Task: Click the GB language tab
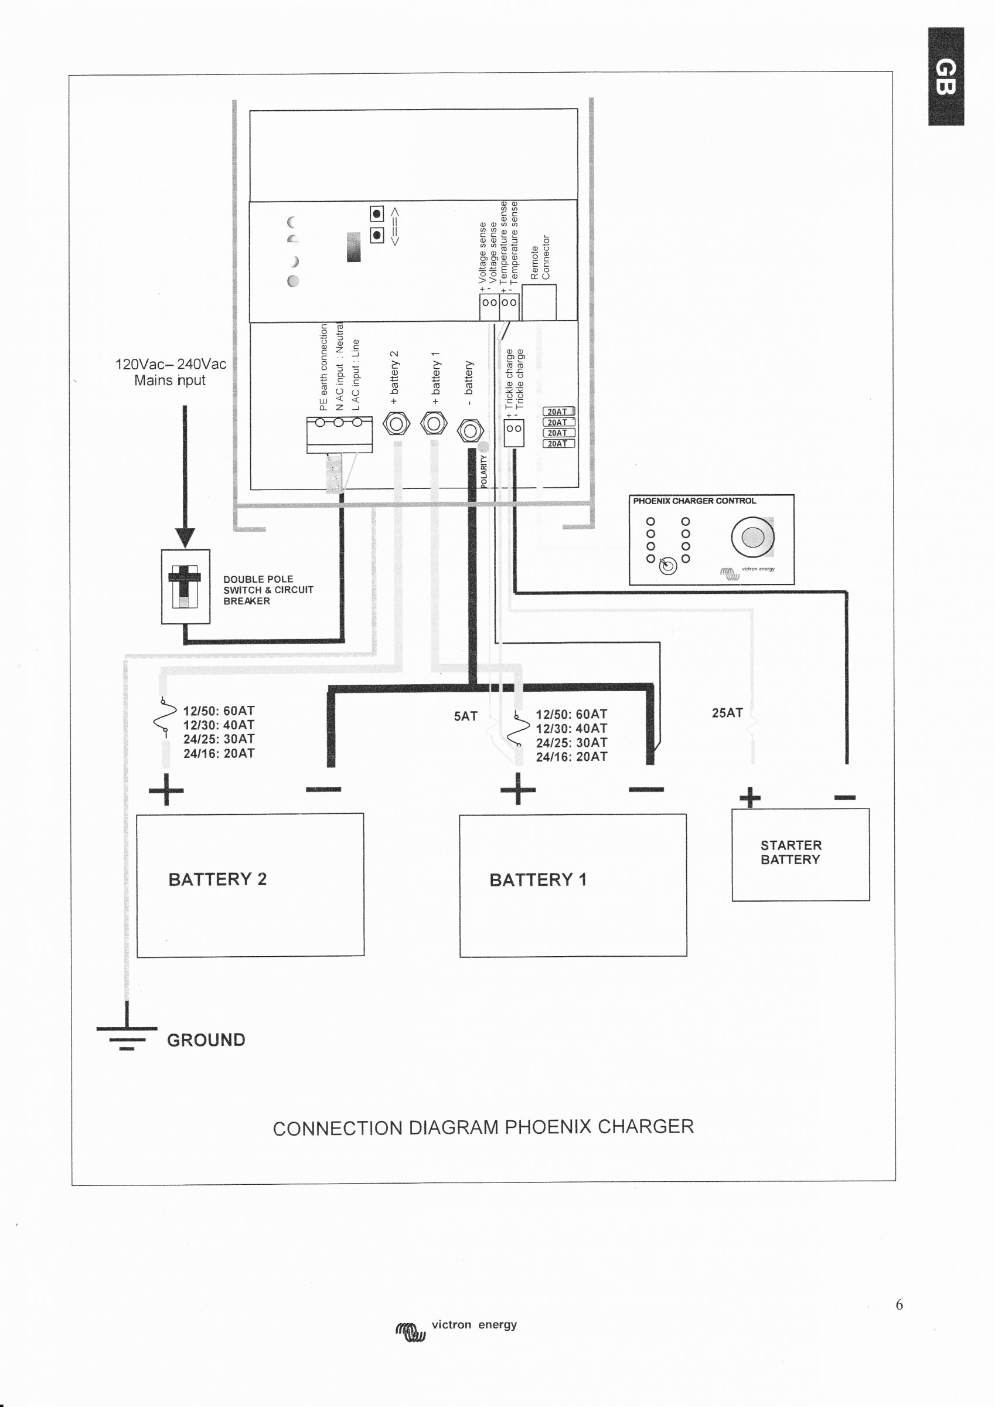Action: tap(945, 77)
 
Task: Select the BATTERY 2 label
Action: tap(217, 879)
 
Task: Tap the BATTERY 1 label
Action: tap(537, 880)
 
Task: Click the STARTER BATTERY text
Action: tap(790, 852)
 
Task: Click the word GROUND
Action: tap(206, 1040)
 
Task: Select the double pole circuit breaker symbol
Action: tap(185, 586)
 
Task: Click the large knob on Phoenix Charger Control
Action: tap(752, 537)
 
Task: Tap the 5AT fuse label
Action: tap(465, 716)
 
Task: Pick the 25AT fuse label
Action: tap(727, 713)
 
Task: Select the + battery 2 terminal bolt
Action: tap(396, 423)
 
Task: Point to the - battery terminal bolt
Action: tap(470, 431)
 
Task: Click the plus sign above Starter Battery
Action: tap(749, 797)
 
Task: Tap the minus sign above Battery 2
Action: tap(323, 789)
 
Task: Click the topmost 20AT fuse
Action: tap(558, 412)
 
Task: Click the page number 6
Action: tap(899, 1304)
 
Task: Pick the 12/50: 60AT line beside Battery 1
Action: tap(571, 714)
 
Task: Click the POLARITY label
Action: tap(483, 471)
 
